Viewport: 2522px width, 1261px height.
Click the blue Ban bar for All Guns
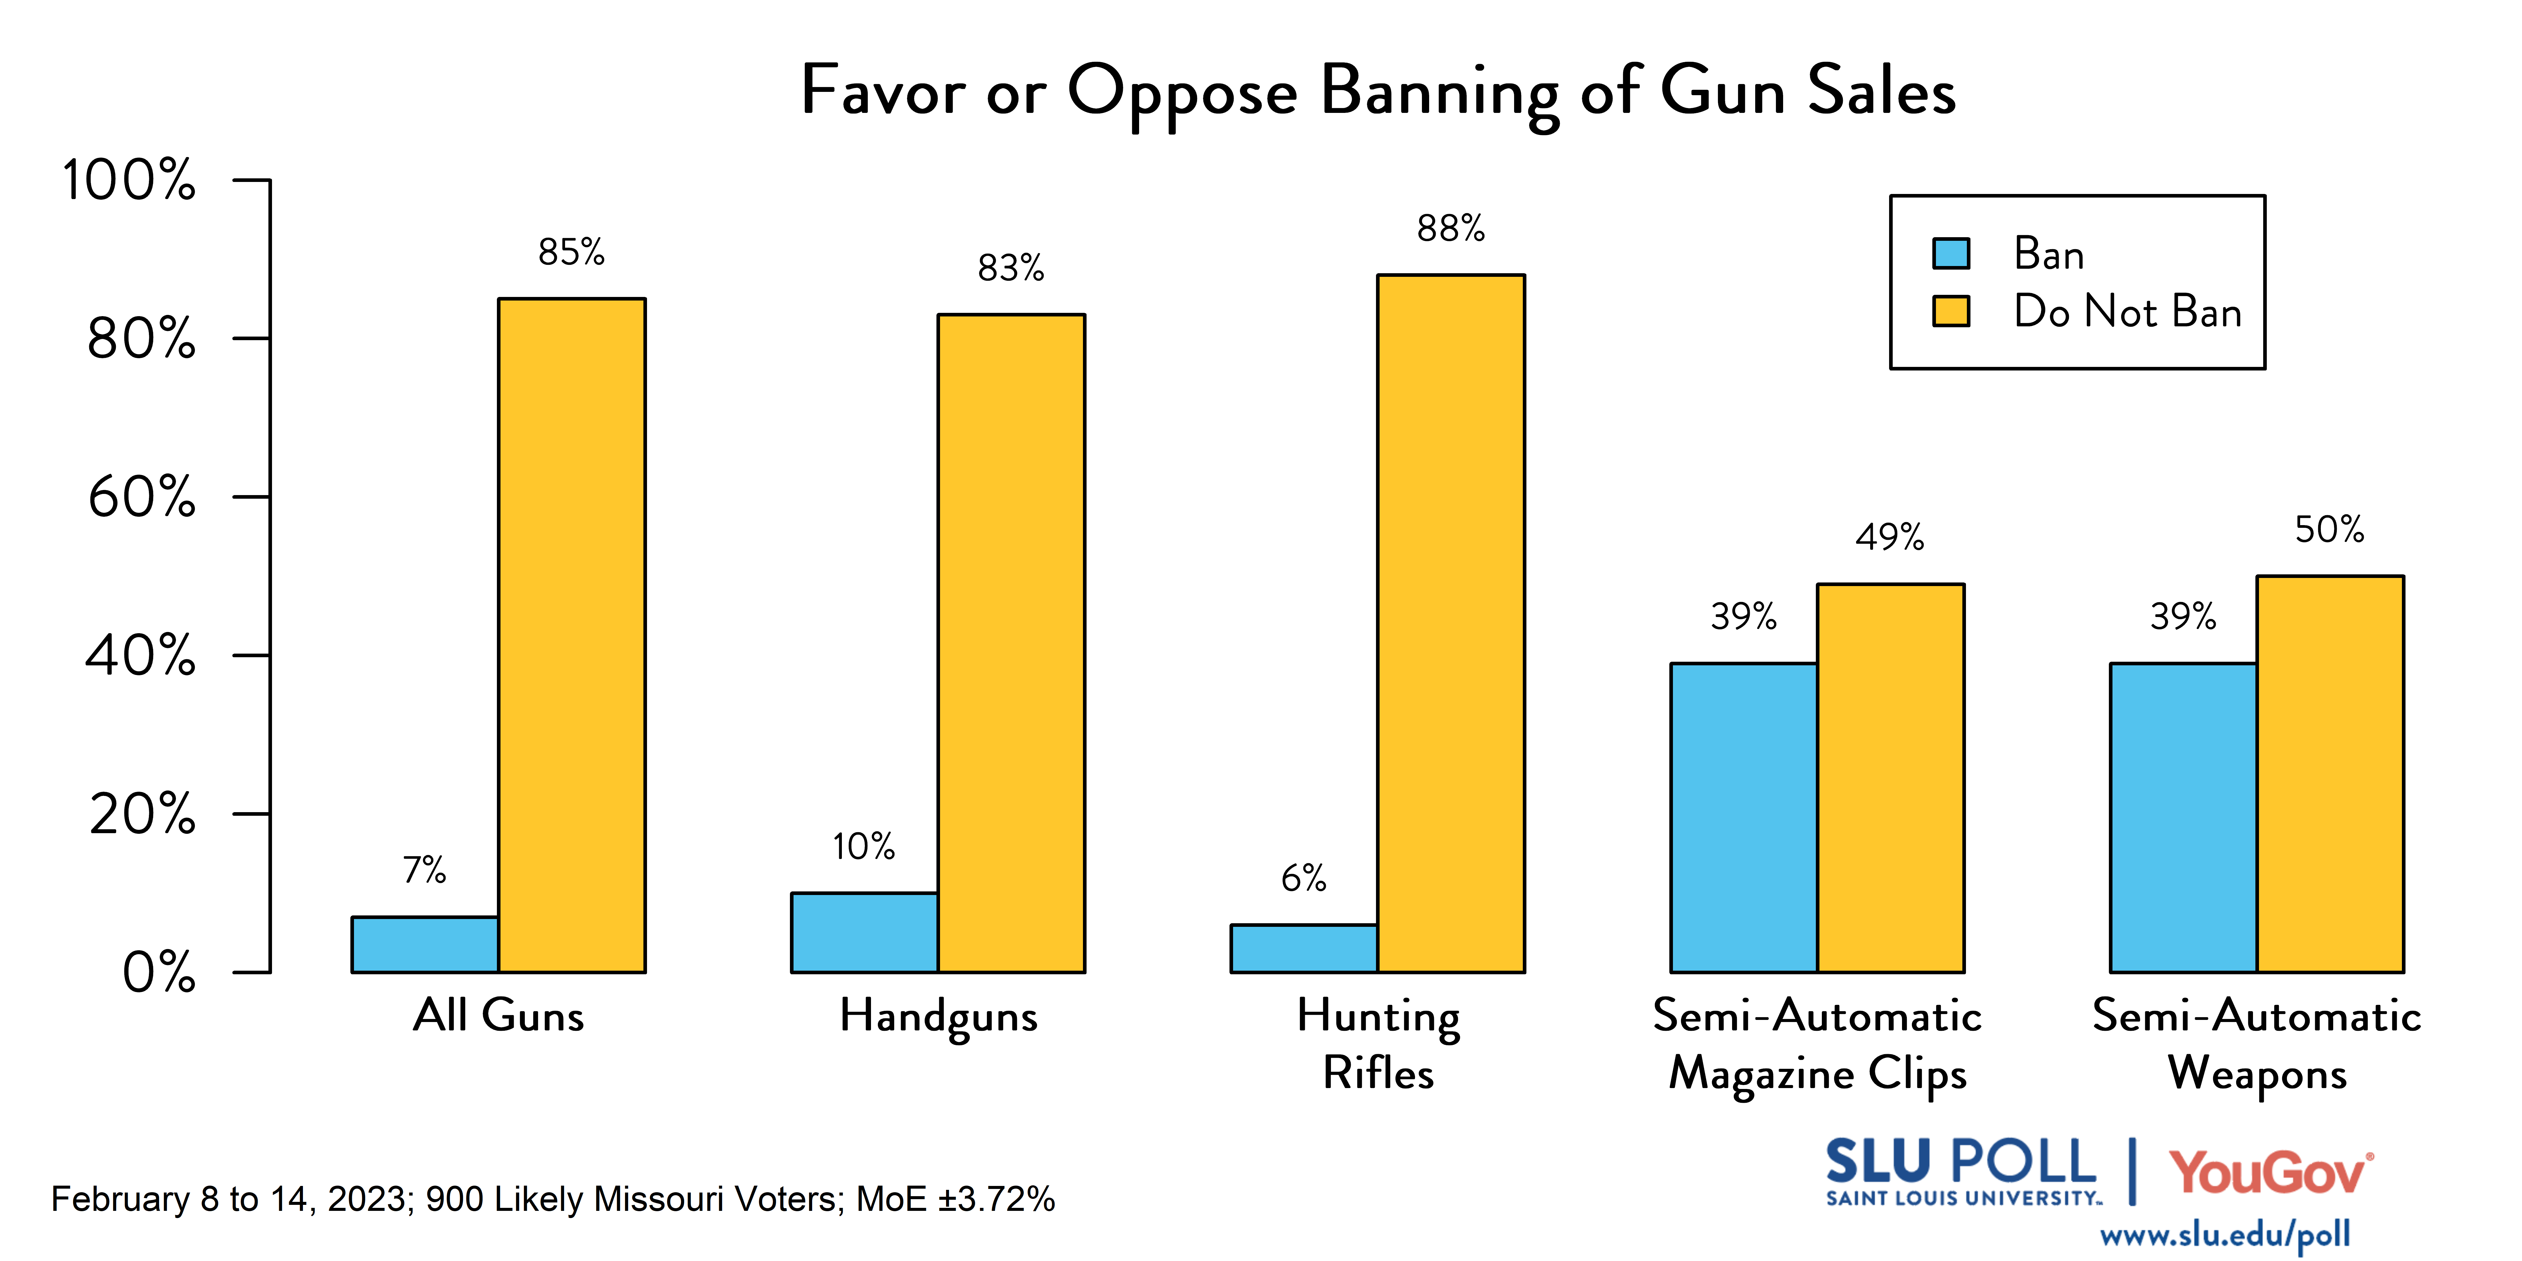click(x=425, y=945)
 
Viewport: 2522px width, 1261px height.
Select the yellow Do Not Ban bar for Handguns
click(x=1011, y=643)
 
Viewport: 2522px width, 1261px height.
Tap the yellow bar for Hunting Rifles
click(x=1451, y=624)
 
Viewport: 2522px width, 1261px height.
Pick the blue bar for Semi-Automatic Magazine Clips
click(x=1744, y=818)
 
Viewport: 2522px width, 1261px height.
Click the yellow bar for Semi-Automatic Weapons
click(x=2330, y=773)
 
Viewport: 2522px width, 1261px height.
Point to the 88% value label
click(x=1451, y=229)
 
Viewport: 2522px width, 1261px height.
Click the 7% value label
click(x=425, y=869)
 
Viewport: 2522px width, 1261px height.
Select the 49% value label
click(x=1889, y=537)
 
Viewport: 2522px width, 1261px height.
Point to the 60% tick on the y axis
click(x=142, y=497)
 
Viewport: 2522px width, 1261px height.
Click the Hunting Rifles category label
click(x=1378, y=1044)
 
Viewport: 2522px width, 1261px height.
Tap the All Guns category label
click(x=498, y=1015)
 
